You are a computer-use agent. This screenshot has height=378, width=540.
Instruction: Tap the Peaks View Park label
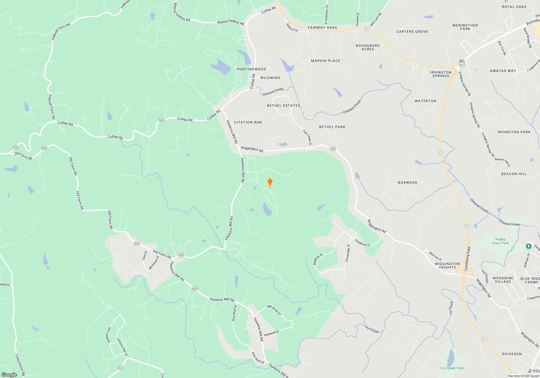tap(500, 241)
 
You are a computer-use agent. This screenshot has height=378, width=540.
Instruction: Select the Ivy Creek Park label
tap(452, 368)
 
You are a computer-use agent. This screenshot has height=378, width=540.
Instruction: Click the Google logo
tap(9, 374)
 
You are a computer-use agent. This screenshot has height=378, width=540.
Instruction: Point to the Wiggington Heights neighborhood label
tap(447, 265)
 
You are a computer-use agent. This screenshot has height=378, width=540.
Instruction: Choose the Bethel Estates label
tap(283, 106)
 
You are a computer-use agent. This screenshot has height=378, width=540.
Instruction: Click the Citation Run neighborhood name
tap(248, 122)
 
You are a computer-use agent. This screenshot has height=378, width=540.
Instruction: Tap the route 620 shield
tap(333, 149)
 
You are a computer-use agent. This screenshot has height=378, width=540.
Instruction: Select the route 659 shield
tap(181, 255)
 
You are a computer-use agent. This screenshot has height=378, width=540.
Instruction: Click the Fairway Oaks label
tap(322, 28)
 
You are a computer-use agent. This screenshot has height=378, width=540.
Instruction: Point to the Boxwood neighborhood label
tap(407, 183)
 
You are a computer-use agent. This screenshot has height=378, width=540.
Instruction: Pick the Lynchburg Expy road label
tap(467, 258)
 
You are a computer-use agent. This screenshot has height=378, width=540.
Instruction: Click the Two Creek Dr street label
tap(307, 137)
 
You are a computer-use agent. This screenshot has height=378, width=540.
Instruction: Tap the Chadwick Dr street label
tap(362, 242)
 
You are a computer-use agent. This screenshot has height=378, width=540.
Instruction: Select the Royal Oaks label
tap(514, 7)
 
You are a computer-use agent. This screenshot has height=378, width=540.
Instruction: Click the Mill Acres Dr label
tap(274, 310)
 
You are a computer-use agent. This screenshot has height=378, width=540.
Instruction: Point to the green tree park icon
tap(528, 246)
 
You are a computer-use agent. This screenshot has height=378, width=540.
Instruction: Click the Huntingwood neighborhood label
tap(251, 69)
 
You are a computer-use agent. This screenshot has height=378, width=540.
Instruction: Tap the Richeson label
tap(512, 354)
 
